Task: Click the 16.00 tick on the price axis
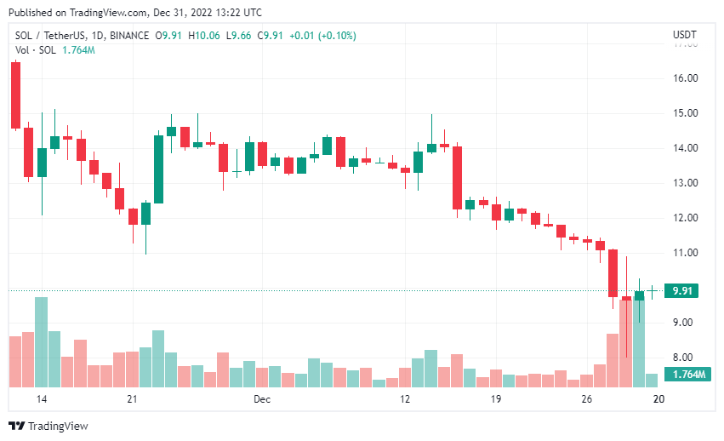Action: point(685,78)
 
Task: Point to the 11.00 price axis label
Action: point(685,253)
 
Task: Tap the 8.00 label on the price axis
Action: point(685,358)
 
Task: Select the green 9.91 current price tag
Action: point(681,290)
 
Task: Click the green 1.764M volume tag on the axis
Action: point(687,375)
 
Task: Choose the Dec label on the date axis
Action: point(261,398)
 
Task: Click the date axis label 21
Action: point(132,398)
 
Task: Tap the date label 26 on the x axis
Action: point(585,398)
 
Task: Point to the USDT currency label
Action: point(684,35)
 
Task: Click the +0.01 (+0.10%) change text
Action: point(323,36)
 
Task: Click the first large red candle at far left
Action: point(15,95)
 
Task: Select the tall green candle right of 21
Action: point(158,169)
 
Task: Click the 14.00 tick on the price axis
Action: point(685,148)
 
